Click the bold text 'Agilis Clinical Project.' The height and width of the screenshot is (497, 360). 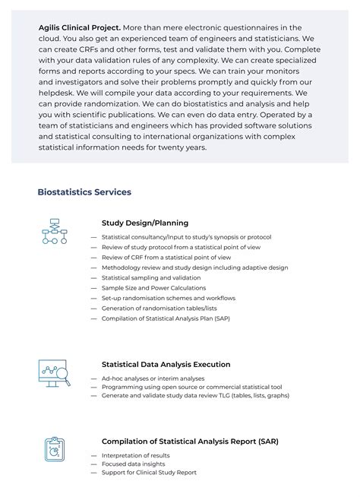pyautogui.click(x=80, y=27)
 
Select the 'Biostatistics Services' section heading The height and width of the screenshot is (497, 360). pyautogui.click(x=84, y=192)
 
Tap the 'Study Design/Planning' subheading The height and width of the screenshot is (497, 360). pyautogui.click(x=145, y=223)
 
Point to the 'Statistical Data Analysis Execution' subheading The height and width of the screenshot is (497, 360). pyautogui.click(x=166, y=364)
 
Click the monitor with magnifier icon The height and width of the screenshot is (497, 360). pyautogui.click(x=54, y=372)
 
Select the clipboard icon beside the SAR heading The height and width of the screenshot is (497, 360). pyautogui.click(x=54, y=449)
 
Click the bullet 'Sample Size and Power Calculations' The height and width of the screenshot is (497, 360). pyautogui.click(x=153, y=288)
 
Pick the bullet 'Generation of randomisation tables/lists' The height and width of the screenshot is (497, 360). pyautogui.click(x=159, y=309)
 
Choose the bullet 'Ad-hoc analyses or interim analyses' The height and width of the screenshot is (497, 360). pyautogui.click(x=153, y=378)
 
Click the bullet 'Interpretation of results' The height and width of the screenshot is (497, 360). pyautogui.click(x=135, y=455)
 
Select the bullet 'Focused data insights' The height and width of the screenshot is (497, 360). pyautogui.click(x=132, y=464)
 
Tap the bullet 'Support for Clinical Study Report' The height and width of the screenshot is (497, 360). pyautogui.click(x=149, y=473)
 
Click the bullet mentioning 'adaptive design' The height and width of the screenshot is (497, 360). pyautogui.click(x=194, y=267)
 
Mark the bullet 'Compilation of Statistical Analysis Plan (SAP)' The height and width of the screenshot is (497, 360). pyautogui.click(x=166, y=318)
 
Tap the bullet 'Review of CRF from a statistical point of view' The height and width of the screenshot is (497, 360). pyautogui.click(x=166, y=258)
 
